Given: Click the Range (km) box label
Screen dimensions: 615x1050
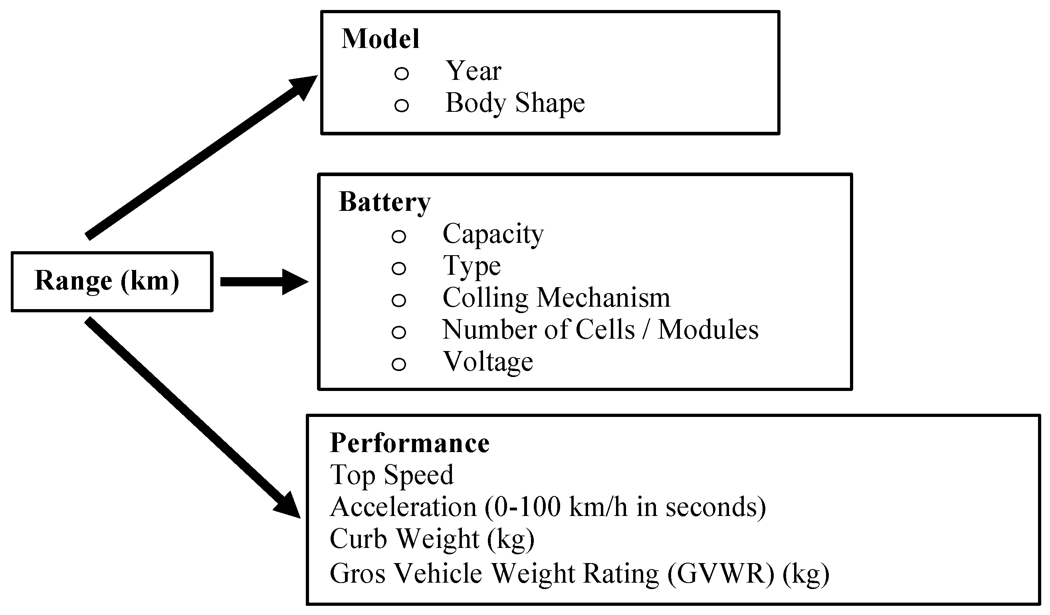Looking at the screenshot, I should (107, 281).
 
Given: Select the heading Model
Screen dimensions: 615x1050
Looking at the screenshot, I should (380, 39).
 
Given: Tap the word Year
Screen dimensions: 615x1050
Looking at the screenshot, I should (473, 71).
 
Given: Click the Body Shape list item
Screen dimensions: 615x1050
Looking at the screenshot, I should (515, 103).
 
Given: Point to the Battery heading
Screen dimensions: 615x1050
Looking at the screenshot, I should (384, 202).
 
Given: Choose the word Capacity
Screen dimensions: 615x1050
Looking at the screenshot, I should (493, 234).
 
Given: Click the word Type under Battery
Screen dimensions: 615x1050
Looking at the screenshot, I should (471, 266).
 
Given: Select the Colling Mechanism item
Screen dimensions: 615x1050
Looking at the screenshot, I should (556, 298).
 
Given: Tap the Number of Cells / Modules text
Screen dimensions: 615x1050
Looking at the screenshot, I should (600, 329).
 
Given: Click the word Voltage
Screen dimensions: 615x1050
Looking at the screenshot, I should (487, 362).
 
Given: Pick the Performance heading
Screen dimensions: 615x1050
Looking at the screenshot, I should (410, 443).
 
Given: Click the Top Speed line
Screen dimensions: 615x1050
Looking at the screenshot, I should (392, 475).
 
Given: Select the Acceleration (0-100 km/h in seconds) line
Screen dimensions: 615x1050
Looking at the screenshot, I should (547, 507).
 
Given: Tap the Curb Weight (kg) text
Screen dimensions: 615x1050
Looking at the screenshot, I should (432, 539).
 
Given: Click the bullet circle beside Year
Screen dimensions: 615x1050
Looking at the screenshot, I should (401, 74).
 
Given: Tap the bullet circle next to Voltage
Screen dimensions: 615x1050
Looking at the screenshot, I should (399, 364).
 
